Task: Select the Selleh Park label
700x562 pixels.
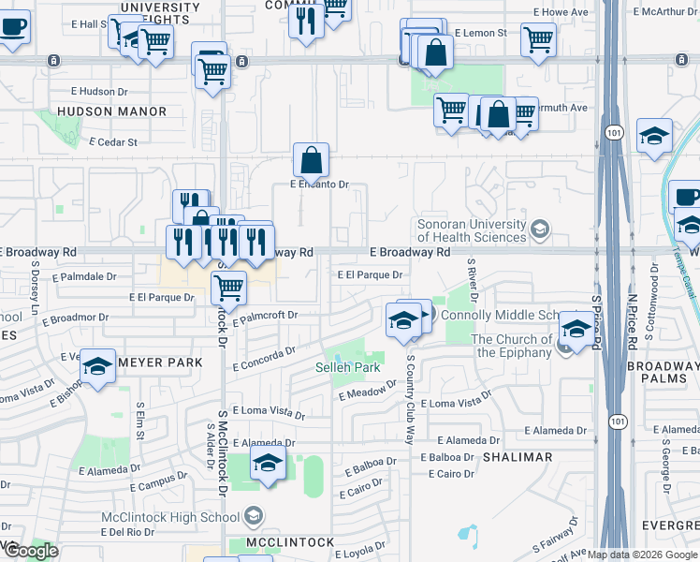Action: pos(347,367)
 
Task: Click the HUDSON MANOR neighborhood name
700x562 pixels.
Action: pos(111,111)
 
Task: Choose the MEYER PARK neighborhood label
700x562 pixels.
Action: pos(160,362)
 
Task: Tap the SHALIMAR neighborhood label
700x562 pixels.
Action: pos(518,457)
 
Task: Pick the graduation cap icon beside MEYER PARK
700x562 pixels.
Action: pos(96,367)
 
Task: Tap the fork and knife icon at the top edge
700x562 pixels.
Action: pos(306,19)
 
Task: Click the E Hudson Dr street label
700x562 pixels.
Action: pos(99,92)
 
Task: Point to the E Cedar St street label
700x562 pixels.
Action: pos(113,142)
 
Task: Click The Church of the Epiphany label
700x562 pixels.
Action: pos(511,346)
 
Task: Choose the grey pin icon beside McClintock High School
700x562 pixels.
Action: pos(252,514)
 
